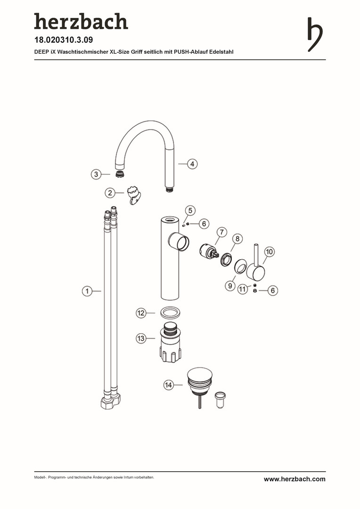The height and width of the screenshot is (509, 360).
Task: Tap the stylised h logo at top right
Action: point(315,34)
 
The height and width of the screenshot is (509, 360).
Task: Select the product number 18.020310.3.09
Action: point(64,40)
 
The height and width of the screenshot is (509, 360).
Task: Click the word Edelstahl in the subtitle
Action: point(221,52)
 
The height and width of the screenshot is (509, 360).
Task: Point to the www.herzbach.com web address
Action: point(295,479)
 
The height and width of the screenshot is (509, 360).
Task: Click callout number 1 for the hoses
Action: point(87,291)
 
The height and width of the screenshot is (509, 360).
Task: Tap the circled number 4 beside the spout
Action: point(192,164)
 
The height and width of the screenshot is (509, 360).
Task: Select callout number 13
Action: point(141,338)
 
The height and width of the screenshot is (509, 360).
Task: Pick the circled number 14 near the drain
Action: point(168,385)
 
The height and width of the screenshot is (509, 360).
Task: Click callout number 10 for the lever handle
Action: point(270,252)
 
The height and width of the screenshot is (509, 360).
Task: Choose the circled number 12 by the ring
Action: point(141,313)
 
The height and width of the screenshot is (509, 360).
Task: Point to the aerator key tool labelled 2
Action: point(135,195)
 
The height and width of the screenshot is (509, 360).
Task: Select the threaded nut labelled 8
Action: point(226,259)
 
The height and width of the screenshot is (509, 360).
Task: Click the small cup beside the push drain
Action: point(220,400)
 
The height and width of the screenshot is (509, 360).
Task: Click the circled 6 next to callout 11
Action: point(273,290)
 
